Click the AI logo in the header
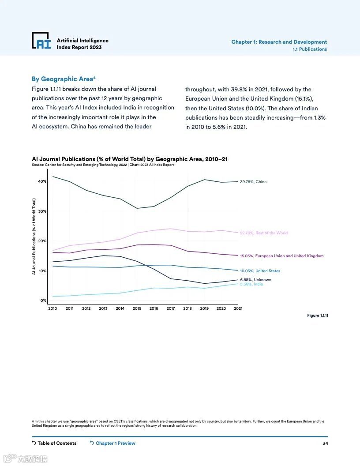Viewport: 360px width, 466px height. pyautogui.click(x=41, y=40)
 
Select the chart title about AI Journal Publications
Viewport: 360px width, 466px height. pyautogui.click(x=130, y=159)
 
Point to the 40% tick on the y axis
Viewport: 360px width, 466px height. pyautogui.click(x=42, y=181)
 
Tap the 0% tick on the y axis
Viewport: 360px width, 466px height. pyautogui.click(x=43, y=301)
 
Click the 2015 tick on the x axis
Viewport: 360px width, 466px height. pyautogui.click(x=137, y=308)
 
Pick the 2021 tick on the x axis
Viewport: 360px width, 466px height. pyautogui.click(x=238, y=308)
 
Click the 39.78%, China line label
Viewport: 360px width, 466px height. pyautogui.click(x=253, y=182)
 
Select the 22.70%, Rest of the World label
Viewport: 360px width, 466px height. pyautogui.click(x=264, y=233)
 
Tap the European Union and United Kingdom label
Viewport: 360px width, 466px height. pyautogui.click(x=281, y=256)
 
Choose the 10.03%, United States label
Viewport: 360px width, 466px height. pyautogui.click(x=260, y=271)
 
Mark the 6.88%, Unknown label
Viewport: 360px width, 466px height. pyautogui.click(x=255, y=280)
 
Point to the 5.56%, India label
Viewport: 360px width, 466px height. pyautogui.click(x=251, y=285)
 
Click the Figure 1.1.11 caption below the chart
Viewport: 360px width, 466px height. pyautogui.click(x=318, y=316)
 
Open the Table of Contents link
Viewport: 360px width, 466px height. pyautogui.click(x=54, y=443)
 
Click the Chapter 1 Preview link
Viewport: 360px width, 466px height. pyautogui.click(x=112, y=443)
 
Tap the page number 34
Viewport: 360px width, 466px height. pyautogui.click(x=325, y=443)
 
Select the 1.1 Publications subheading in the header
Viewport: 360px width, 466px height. pyautogui.click(x=310, y=49)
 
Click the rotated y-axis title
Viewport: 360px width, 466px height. pyautogui.click(x=34, y=237)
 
